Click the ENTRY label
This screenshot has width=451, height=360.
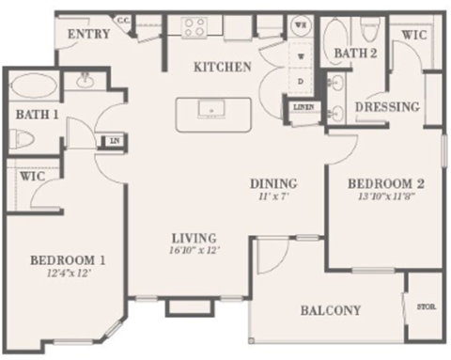point(89,35)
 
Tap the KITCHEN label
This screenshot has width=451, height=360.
point(222,67)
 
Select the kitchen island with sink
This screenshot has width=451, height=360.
point(212,113)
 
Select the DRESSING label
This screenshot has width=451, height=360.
point(387,106)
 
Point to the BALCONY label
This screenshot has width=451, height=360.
point(333,311)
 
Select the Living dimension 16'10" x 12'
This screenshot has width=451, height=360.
point(194,252)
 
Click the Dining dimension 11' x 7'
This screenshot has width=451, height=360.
point(273,197)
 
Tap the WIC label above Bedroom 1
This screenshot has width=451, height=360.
point(32,176)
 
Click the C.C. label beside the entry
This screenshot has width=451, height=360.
point(123,19)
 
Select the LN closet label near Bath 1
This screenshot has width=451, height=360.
point(113,141)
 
